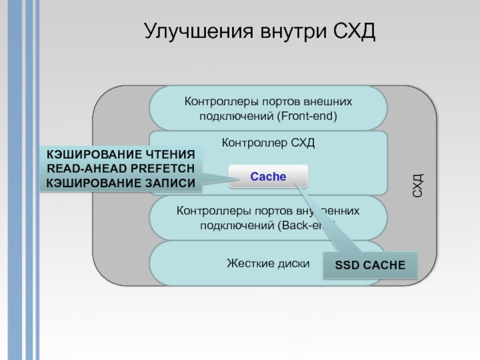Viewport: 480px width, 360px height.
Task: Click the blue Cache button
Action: [x=268, y=176]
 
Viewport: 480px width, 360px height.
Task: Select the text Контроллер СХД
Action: [x=268, y=143]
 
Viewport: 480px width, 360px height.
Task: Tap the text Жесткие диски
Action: [x=268, y=263]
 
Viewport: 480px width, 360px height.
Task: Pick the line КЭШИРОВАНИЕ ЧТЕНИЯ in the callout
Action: [x=121, y=155]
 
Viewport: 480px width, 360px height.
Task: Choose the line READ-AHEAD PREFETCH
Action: [x=121, y=169]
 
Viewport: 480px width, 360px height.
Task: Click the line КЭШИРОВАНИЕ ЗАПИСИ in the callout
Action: [x=121, y=184]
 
